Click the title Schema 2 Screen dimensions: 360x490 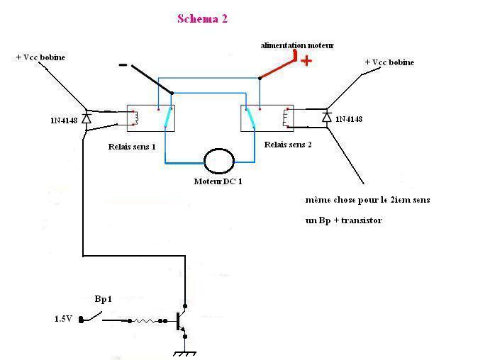pyautogui.click(x=202, y=19)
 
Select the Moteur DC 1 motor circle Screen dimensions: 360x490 pyautogui.click(x=218, y=162)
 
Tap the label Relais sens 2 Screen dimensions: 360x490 pyautogui.click(x=288, y=144)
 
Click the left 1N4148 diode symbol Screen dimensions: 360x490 pyautogui.click(x=87, y=118)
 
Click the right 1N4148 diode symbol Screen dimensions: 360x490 pyautogui.click(x=327, y=116)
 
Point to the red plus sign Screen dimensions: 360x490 pyautogui.click(x=306, y=61)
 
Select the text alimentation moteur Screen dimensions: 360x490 pyautogui.click(x=296, y=45)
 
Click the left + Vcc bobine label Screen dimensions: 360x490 pyautogui.click(x=40, y=57)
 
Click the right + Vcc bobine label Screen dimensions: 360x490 pyautogui.click(x=389, y=62)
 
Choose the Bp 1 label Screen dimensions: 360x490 pyautogui.click(x=104, y=300)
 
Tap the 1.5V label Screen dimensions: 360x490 pyautogui.click(x=64, y=319)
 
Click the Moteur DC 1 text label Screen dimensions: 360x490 pyautogui.click(x=218, y=181)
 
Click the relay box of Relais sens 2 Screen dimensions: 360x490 pyautogui.click(x=267, y=118)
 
